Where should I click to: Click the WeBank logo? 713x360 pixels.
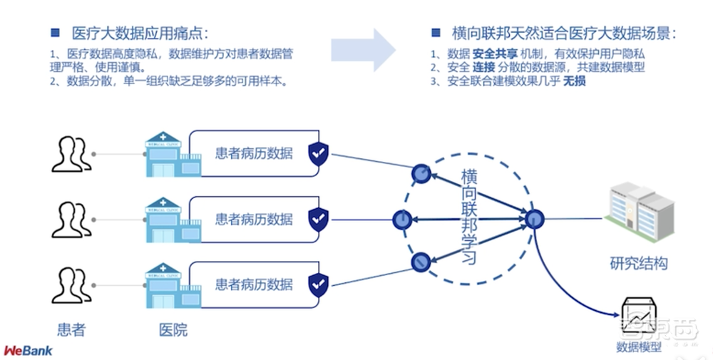[x=29, y=351]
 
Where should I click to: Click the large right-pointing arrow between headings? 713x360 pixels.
[x=363, y=51]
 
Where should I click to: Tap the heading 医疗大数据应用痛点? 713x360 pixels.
[x=140, y=34]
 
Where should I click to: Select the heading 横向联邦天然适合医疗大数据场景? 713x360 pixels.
[x=564, y=34]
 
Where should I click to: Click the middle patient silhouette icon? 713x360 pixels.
[x=71, y=220]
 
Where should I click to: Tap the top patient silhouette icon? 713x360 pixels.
[x=71, y=154]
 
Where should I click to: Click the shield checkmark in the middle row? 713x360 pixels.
[x=318, y=219]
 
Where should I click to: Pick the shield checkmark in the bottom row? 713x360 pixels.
[x=318, y=284]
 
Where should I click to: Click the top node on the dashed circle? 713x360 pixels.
[x=422, y=173]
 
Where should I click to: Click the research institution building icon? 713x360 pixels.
[x=640, y=215]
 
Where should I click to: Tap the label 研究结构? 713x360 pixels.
[x=639, y=263]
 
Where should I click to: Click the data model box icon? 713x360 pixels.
[x=639, y=317]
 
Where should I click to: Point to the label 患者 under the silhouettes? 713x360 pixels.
[x=71, y=329]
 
